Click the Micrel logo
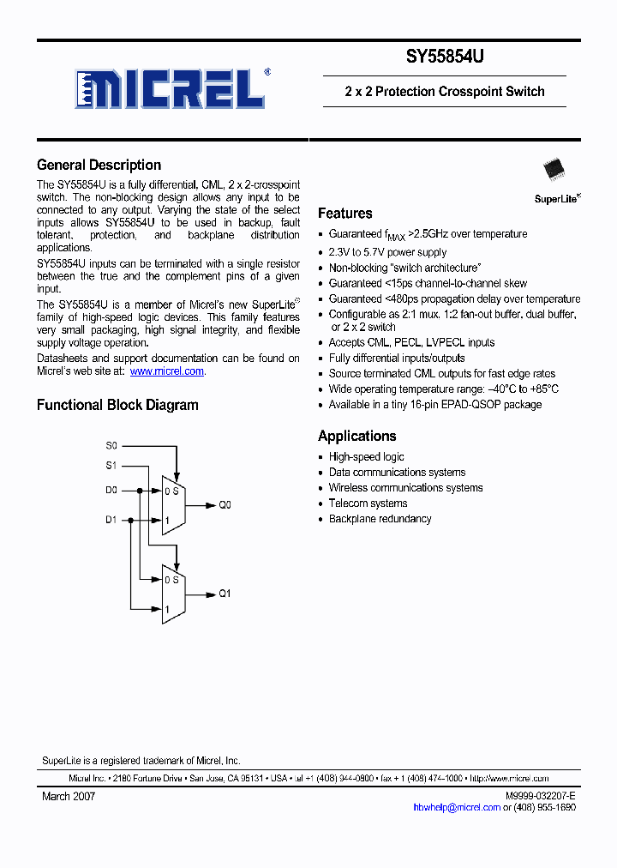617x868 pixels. click(170, 87)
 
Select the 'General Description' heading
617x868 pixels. click(99, 166)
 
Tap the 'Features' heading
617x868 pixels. click(344, 214)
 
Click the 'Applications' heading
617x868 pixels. click(356, 436)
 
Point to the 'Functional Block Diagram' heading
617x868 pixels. click(117, 405)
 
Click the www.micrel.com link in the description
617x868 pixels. click(167, 371)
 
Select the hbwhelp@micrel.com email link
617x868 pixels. click(456, 807)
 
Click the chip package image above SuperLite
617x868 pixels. click(553, 167)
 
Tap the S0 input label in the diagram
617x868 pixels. click(111, 446)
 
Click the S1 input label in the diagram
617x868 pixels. click(111, 466)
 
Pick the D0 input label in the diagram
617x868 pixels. click(111, 491)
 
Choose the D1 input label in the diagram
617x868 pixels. click(111, 520)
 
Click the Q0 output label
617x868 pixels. click(225, 506)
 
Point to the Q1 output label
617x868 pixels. click(225, 594)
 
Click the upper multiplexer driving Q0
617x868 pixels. click(174, 505)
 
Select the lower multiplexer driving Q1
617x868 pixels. click(174, 594)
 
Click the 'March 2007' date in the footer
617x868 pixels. click(69, 797)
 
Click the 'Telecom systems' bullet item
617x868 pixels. click(368, 503)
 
